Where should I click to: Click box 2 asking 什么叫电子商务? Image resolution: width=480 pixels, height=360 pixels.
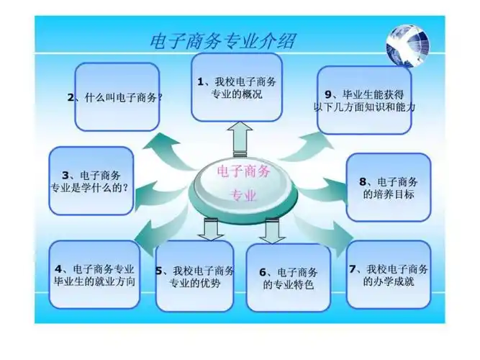(x=117, y=97)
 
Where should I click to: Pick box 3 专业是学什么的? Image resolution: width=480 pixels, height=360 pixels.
(x=91, y=181)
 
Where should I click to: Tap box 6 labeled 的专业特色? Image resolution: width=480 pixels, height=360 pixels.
(x=288, y=278)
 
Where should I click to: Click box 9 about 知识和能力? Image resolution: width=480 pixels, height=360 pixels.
(x=365, y=100)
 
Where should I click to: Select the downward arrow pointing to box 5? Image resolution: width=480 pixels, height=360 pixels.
(x=213, y=230)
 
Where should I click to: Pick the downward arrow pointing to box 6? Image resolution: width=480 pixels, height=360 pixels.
(x=272, y=230)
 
